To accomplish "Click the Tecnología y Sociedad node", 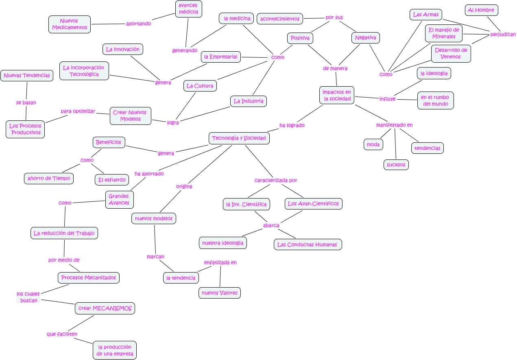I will tap(239, 138).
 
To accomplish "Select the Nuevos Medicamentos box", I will tap(70, 24).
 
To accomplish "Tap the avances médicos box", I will tap(188, 9).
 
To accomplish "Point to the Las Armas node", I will tap(425, 15).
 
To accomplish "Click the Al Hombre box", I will tap(481, 10).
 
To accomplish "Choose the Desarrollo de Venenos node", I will tap(451, 53).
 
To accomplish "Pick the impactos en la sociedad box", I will tap(337, 95).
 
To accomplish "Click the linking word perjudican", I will tap(503, 35).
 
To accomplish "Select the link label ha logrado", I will tap(292, 125).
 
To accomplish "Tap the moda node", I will tap(373, 144).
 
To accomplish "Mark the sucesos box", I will tap(396, 165).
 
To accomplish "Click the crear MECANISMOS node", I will tap(105, 308).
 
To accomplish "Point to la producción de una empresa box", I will tap(115, 350).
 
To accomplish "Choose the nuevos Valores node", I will tap(220, 293).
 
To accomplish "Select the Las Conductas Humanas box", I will tap(308, 244).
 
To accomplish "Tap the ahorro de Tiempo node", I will tap(49, 178).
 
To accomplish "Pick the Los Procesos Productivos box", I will tap(26, 129).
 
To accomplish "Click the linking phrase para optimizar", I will tap(78, 111).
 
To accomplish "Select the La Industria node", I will tap(248, 101).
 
